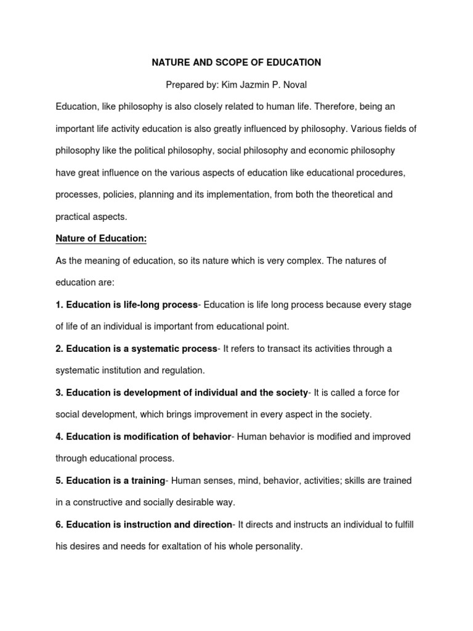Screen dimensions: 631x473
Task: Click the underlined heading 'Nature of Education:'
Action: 101,238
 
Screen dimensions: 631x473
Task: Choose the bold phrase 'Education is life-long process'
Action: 132,304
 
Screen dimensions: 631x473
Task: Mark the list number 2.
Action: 59,349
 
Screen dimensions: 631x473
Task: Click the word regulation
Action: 182,370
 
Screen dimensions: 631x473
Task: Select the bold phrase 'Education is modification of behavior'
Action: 148,436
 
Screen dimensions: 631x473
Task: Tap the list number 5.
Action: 59,480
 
